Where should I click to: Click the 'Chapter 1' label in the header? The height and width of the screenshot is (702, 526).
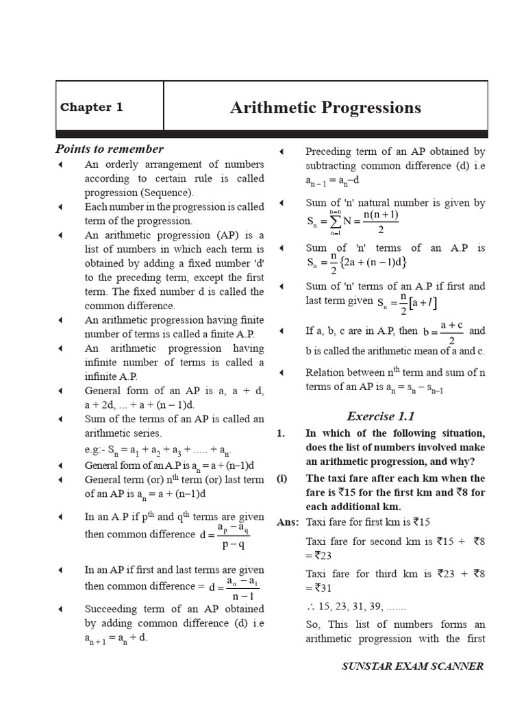pos(91,107)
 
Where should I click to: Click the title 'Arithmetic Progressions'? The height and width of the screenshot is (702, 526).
pos(325,108)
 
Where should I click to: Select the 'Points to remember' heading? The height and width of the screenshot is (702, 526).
pos(109,149)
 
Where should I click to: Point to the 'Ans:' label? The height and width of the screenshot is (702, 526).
pos(288,522)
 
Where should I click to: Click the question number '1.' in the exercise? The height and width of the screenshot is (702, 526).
pos(280,433)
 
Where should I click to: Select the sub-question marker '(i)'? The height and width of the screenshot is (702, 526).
pos(281,479)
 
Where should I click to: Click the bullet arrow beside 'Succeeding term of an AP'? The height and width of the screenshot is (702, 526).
pos(61,609)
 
